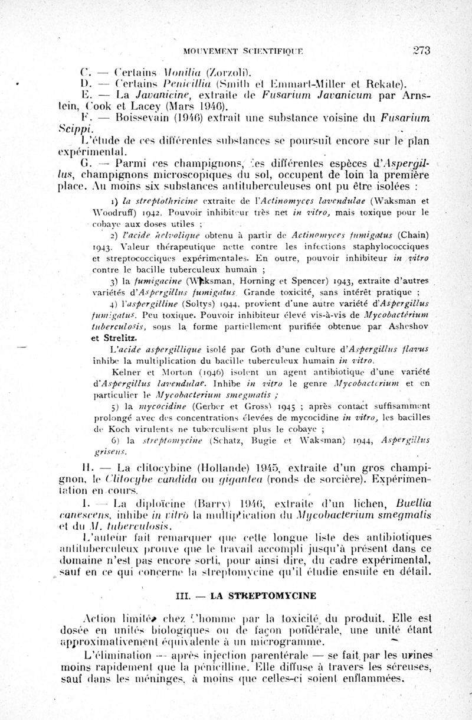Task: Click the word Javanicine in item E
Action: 162,95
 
